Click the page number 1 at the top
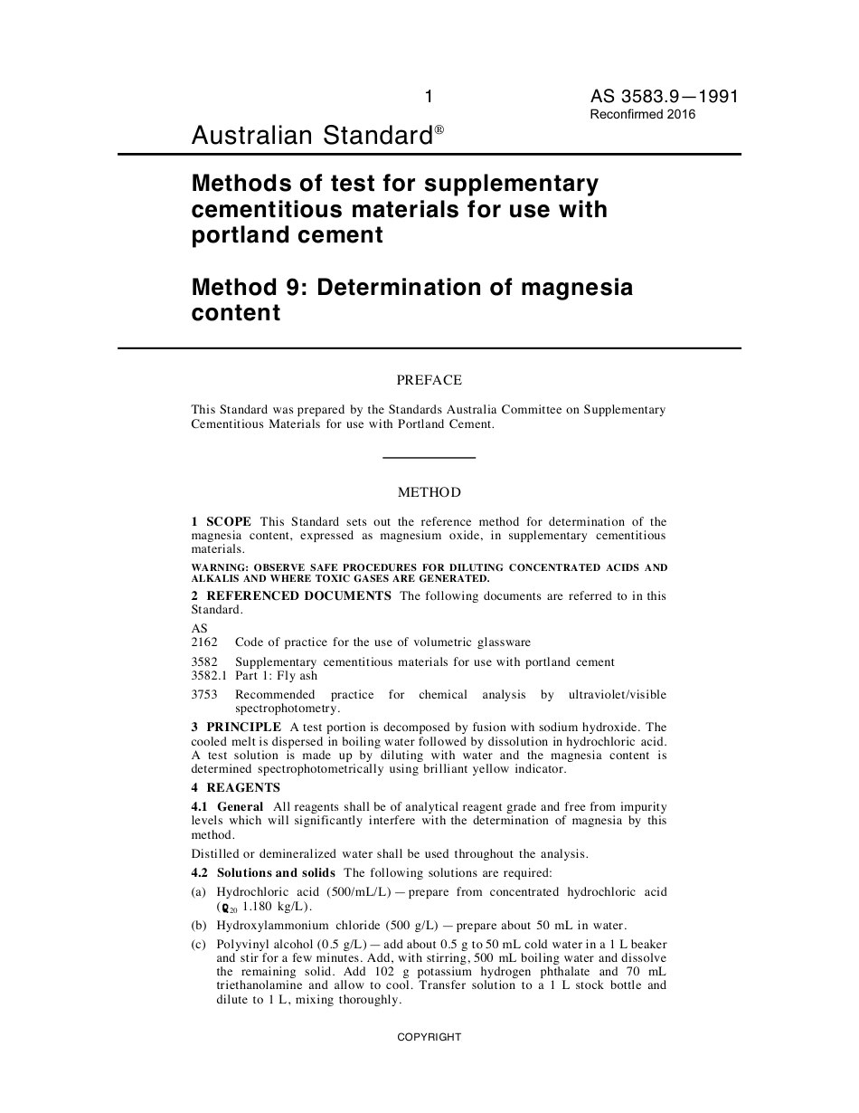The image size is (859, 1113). (429, 97)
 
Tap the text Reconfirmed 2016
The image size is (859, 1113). (643, 115)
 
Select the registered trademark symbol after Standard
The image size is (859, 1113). (439, 130)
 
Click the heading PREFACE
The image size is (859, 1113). (429, 381)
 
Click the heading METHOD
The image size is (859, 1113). (429, 493)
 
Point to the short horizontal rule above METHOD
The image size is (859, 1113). (429, 458)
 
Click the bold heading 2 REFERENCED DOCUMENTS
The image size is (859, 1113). (291, 595)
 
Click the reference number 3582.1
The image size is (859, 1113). (209, 676)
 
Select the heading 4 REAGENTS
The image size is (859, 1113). (236, 787)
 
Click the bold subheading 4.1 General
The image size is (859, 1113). (227, 806)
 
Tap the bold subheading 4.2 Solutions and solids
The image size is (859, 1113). (263, 872)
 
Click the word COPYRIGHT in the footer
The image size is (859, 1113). (429, 1037)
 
